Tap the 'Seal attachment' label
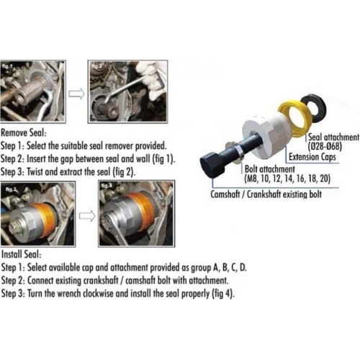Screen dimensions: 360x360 pos(333,136)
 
